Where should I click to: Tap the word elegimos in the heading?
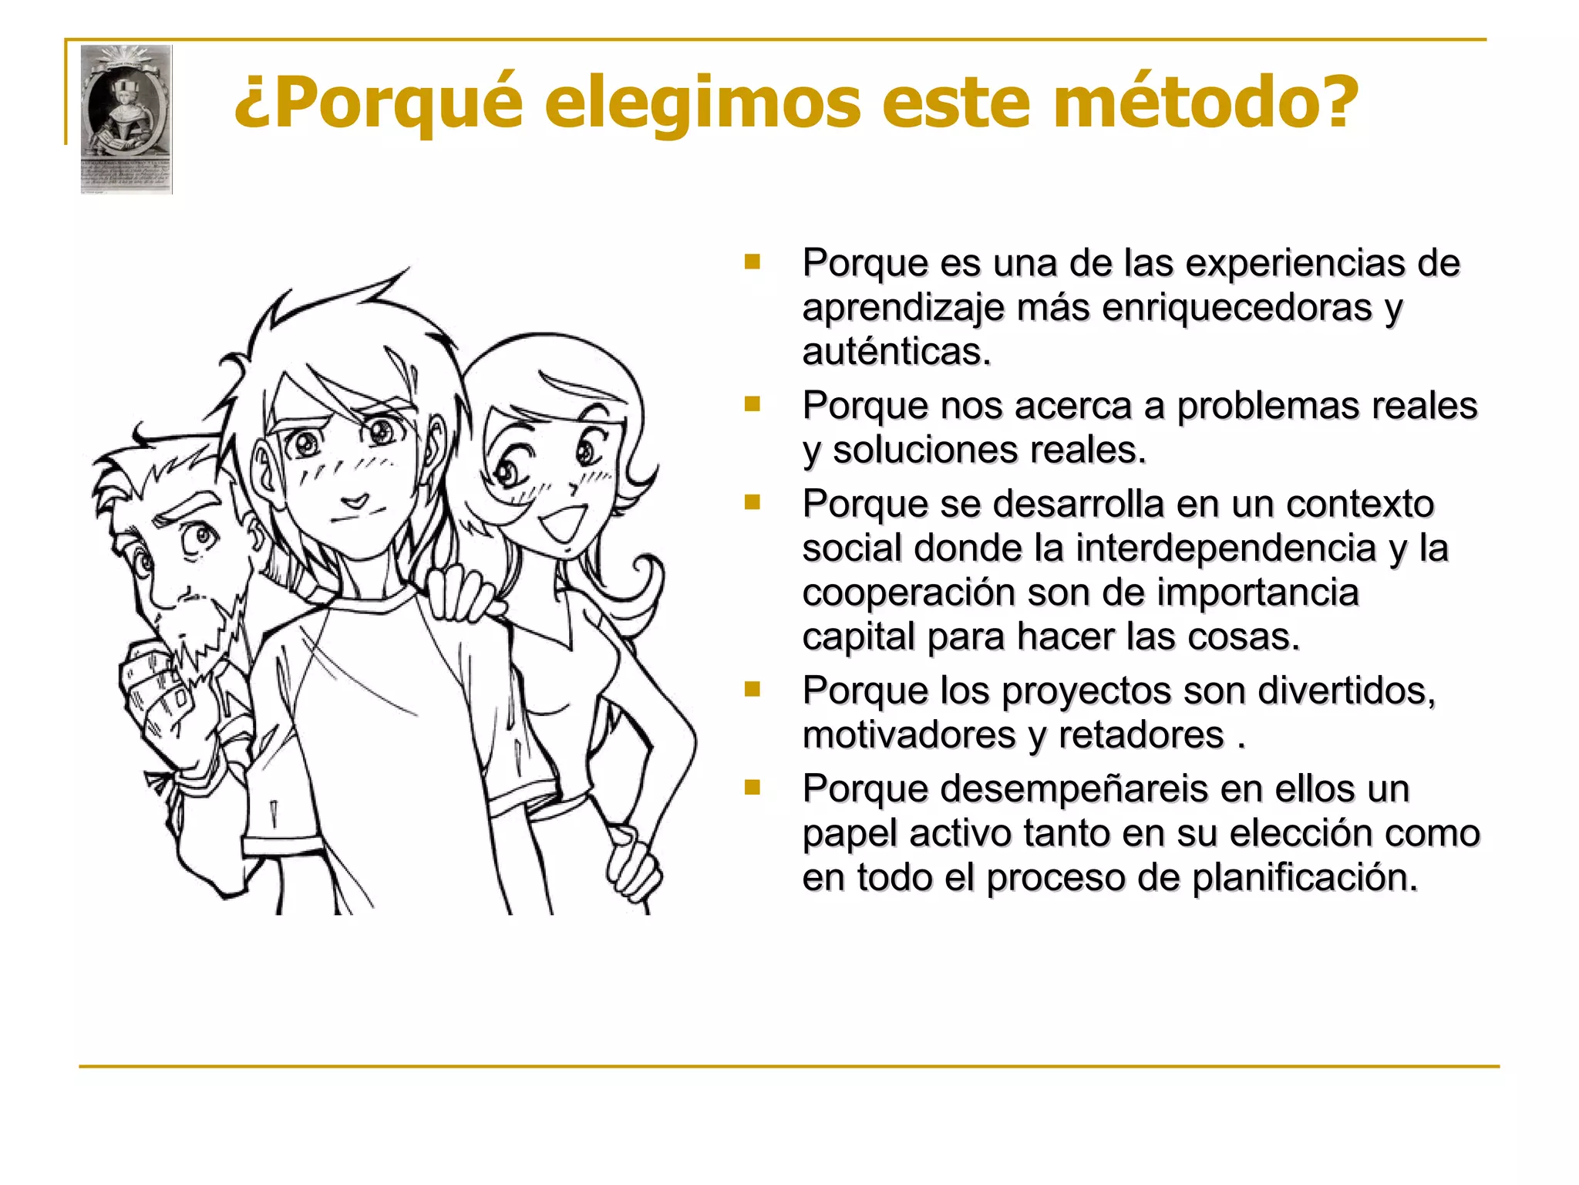[702, 104]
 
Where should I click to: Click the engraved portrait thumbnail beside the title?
[126, 118]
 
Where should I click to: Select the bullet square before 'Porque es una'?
[752, 262]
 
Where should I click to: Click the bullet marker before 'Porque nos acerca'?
[752, 404]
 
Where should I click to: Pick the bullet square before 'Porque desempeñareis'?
[752, 788]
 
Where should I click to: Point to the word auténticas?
[896, 352]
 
